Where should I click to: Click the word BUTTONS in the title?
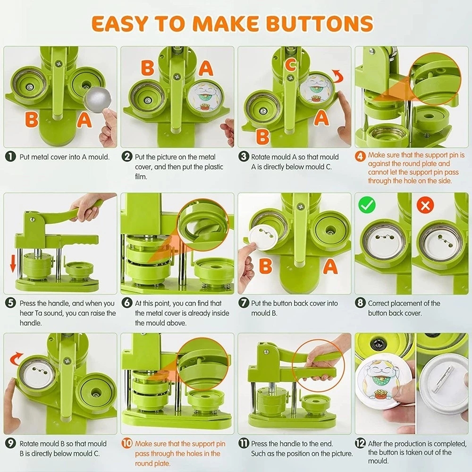point(320,24)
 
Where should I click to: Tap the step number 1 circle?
point(10,157)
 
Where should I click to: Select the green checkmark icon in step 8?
point(367,205)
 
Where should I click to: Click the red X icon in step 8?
point(425,205)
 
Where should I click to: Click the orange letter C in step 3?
point(291,65)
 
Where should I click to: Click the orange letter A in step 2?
point(206,68)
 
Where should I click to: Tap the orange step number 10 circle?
point(127,443)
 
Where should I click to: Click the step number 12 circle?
point(360,443)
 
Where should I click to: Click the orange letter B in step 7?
point(266,266)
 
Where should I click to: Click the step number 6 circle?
point(127,303)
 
